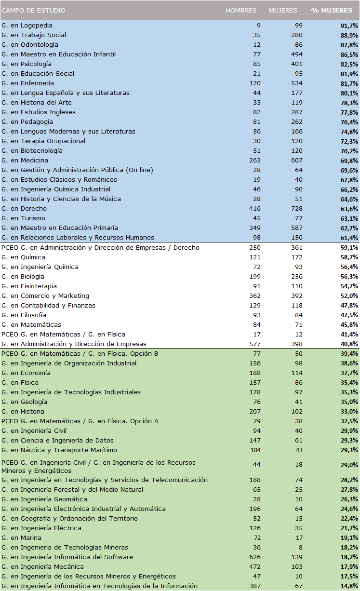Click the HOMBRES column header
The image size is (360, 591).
coord(241,11)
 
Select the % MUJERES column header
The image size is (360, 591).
coord(332,11)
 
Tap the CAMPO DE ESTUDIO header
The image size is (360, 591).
coord(34,11)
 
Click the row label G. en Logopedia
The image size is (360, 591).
coord(27,25)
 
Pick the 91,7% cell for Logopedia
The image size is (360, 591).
coord(348,26)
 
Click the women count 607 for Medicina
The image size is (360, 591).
coord(297,161)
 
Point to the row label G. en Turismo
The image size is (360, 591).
coord(24,218)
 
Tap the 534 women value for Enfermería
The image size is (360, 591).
coord(297,83)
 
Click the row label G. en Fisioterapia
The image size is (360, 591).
coord(29,286)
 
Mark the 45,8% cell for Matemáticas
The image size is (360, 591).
coord(348,325)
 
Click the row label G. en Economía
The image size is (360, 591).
coord(26,373)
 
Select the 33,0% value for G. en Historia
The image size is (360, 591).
coord(348,412)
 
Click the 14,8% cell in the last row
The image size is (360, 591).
coord(348,586)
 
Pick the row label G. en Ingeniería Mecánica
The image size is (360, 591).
coord(42,567)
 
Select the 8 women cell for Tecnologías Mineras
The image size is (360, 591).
coord(301,548)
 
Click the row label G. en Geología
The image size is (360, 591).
coord(24,402)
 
